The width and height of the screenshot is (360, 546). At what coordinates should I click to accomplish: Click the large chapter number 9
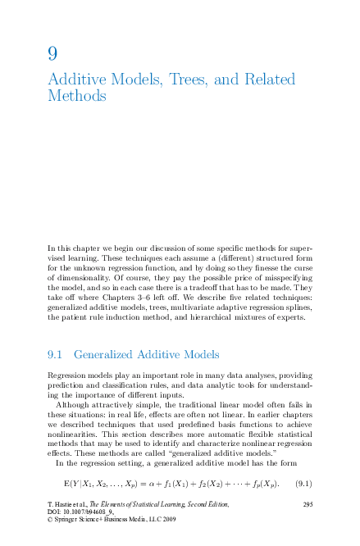click(52, 53)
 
